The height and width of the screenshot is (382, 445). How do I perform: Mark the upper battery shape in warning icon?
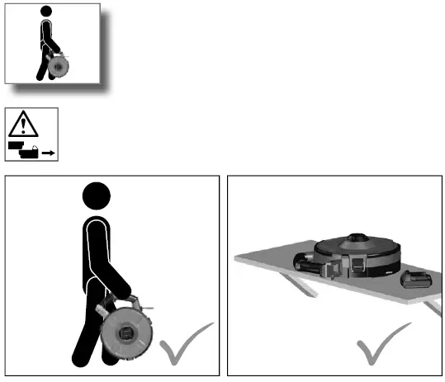click(16, 144)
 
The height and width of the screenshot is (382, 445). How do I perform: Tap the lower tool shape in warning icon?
click(31, 152)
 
